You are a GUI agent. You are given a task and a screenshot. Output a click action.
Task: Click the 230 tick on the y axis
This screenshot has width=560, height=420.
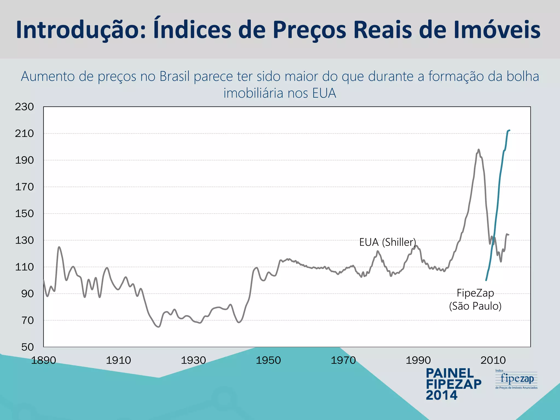(x=24, y=107)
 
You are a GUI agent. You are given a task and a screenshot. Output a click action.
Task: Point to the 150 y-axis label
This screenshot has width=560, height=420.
(x=24, y=214)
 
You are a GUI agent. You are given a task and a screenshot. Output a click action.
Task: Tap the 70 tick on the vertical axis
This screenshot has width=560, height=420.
(x=27, y=320)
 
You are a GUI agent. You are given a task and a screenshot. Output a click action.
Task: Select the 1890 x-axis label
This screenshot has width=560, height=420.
(x=43, y=360)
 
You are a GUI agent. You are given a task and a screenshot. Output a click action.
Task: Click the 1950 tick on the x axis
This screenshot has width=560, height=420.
(x=268, y=360)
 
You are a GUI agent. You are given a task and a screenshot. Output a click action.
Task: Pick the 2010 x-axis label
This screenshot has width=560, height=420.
(x=493, y=360)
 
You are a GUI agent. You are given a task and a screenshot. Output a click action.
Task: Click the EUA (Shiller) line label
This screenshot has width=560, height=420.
(x=387, y=242)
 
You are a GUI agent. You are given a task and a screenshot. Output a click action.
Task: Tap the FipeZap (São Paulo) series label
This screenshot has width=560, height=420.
(x=475, y=299)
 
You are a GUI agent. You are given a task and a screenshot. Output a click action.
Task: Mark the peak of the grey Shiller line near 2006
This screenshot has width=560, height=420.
(x=479, y=150)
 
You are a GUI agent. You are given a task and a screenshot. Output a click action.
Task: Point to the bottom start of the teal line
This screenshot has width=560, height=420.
(x=486, y=280)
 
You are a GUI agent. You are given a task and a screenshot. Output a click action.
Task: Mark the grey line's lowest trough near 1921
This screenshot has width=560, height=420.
(x=159, y=327)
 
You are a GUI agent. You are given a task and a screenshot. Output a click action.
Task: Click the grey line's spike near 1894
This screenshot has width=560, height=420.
(x=59, y=247)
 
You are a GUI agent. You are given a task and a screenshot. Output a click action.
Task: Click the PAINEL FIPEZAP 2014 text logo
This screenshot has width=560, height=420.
(x=453, y=384)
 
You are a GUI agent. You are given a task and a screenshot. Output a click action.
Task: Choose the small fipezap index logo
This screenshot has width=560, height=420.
(x=516, y=379)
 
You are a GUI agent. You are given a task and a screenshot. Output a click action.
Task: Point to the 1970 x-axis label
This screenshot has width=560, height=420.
(x=343, y=360)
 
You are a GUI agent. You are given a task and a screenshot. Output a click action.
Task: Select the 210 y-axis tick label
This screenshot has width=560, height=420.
(x=24, y=133)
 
